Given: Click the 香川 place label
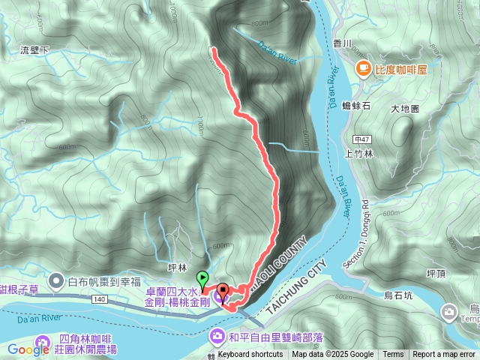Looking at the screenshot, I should click(343, 43).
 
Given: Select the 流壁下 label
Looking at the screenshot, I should click(34, 50).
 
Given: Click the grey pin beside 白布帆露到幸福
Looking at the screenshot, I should click(56, 281).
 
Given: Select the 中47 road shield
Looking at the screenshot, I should click(362, 139).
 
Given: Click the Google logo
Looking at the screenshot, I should click(28, 349).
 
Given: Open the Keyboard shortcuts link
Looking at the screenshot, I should click(250, 355).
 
